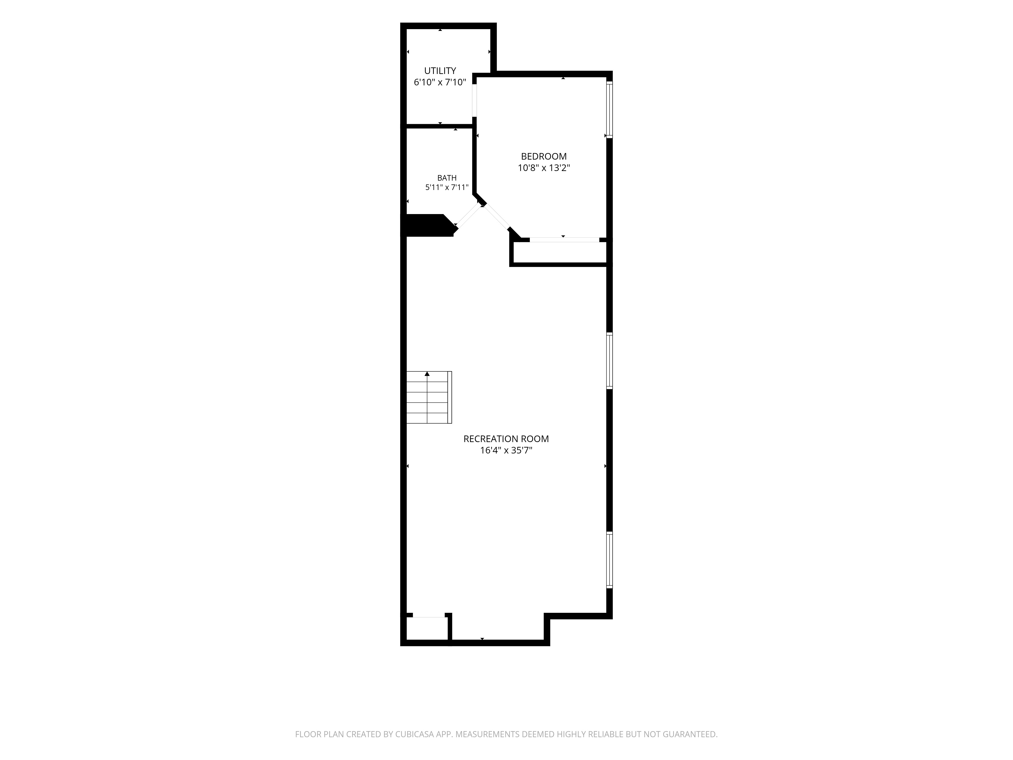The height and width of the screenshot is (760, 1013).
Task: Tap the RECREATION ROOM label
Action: (x=506, y=439)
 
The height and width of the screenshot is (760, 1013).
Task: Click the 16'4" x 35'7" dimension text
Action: (x=506, y=451)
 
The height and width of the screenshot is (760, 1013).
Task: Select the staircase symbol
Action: (x=429, y=397)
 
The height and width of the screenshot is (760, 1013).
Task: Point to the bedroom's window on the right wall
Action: (x=610, y=109)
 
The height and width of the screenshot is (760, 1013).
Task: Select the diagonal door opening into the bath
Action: (x=469, y=217)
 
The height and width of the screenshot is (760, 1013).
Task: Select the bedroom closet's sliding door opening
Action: (x=564, y=240)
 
